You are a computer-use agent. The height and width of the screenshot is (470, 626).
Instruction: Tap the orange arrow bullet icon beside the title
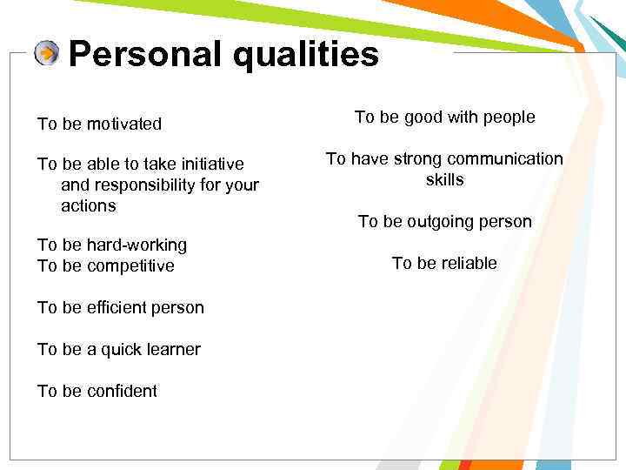[47, 54]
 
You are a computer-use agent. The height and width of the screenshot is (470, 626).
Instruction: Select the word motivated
[123, 124]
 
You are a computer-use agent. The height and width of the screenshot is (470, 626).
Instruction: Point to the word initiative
[209, 164]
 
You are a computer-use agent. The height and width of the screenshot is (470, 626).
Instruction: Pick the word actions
[88, 206]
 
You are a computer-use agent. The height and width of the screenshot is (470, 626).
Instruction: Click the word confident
[121, 391]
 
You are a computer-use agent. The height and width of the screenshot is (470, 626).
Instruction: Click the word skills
[444, 179]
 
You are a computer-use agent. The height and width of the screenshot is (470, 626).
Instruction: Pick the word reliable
[468, 263]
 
